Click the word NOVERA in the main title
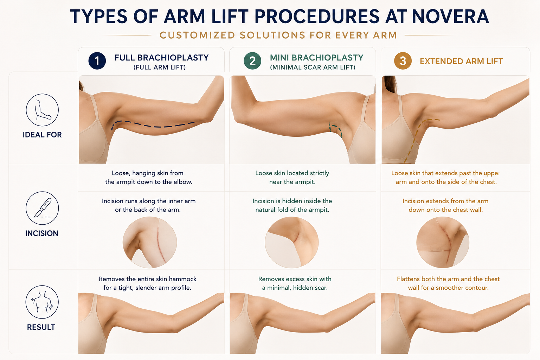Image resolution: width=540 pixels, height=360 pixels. [x=450, y=17]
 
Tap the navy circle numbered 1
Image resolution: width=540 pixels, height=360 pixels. [x=97, y=61]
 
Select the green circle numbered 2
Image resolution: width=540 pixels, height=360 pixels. [x=252, y=61]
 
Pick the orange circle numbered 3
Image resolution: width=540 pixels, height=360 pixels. [x=403, y=61]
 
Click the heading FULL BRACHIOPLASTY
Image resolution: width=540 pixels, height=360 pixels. [x=161, y=58]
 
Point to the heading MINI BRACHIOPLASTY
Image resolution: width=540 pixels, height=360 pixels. [x=316, y=58]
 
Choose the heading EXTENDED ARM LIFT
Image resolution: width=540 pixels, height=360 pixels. [x=461, y=61]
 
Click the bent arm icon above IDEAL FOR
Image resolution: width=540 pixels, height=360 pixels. [x=42, y=110]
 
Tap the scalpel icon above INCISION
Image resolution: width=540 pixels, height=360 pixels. [x=42, y=208]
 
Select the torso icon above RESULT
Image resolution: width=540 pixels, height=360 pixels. [x=42, y=302]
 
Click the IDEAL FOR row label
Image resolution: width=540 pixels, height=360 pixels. [x=42, y=135]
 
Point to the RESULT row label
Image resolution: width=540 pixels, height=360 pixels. [x=41, y=327]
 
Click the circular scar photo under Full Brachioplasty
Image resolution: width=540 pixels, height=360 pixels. [x=150, y=242]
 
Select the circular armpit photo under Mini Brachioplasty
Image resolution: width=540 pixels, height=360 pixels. [x=292, y=242]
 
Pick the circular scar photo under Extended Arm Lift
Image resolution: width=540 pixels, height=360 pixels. [x=443, y=242]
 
